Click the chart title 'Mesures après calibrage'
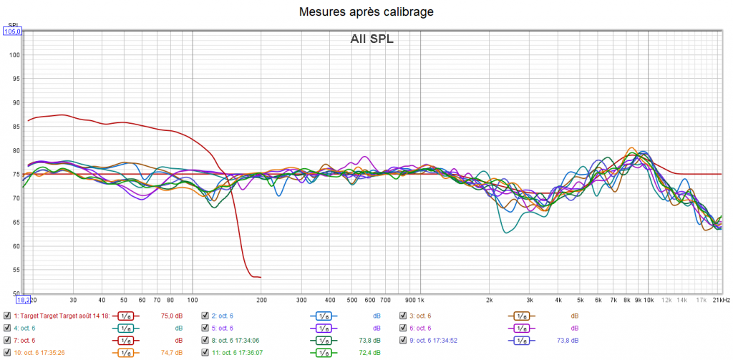coord(366,11)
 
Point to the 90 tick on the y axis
coord(16,102)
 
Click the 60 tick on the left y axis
coord(16,246)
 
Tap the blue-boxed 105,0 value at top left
coord(13,31)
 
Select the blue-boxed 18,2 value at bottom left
coord(24,300)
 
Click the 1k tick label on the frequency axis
coord(419,301)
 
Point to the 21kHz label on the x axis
coord(721,301)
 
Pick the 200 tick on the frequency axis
coord(261,301)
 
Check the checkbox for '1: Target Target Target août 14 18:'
coord(7,316)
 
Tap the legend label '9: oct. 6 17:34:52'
coord(439,340)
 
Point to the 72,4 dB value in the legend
coord(369,352)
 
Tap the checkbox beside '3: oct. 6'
coord(403,316)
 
